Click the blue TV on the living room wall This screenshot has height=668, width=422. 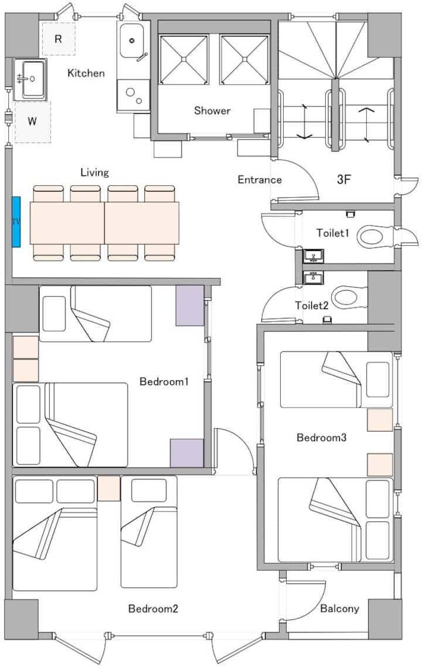(x=16, y=222)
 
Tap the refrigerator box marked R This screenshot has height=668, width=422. (x=59, y=39)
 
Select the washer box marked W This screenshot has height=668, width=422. (x=32, y=121)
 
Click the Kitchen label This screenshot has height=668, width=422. (x=86, y=73)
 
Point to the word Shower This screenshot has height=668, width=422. (x=212, y=111)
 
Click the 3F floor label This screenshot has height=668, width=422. (x=343, y=179)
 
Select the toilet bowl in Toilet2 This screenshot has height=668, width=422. (x=349, y=297)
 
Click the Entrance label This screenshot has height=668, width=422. (x=259, y=180)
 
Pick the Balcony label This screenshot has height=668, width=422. (x=339, y=608)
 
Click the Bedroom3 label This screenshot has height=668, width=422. (x=321, y=438)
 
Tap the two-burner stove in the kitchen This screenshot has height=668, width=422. (x=133, y=96)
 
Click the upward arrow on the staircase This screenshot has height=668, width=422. (x=367, y=124)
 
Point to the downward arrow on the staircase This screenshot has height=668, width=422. (x=304, y=121)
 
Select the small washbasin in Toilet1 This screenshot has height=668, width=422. (x=314, y=256)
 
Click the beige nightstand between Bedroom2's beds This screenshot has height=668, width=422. (x=108, y=488)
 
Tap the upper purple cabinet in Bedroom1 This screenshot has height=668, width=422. (x=190, y=306)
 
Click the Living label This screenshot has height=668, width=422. (x=94, y=172)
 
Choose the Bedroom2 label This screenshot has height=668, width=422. (x=153, y=609)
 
